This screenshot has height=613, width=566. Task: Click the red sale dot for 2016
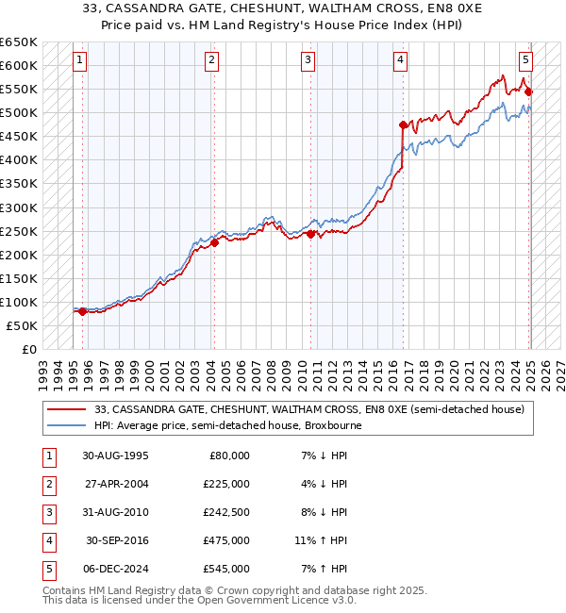pyautogui.click(x=404, y=124)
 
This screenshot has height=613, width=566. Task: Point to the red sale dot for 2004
pyautogui.click(x=214, y=242)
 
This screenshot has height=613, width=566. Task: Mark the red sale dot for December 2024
pyautogui.click(x=528, y=91)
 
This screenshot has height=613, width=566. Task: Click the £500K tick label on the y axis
pyautogui.click(x=19, y=113)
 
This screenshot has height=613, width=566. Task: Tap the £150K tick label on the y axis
pyautogui.click(x=19, y=278)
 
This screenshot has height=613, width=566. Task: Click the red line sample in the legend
pyautogui.click(x=67, y=409)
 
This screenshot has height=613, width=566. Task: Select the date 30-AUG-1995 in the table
pyautogui.click(x=116, y=456)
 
